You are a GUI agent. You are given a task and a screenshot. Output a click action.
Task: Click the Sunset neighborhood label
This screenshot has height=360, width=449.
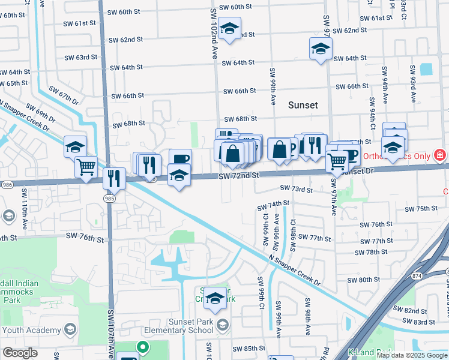pos(303,105)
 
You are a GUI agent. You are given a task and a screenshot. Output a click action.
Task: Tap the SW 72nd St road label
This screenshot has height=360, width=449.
pos(238,175)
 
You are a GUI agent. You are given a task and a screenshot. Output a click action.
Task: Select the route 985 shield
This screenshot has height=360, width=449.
pos(109,199)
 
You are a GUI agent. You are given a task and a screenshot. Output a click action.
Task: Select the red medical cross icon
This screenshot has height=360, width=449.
pos(440,156)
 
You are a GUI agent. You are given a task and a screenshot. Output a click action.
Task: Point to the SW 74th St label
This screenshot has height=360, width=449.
pos(274,205)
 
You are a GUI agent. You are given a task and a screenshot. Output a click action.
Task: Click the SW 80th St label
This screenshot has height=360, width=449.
pos(366,280)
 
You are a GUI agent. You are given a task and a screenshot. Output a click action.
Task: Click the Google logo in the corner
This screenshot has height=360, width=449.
pos(20,353)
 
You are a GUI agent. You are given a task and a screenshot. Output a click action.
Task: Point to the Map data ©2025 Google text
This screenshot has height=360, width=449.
pos(411,355)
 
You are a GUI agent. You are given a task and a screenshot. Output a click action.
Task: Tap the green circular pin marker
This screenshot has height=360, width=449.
pos(142,346)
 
